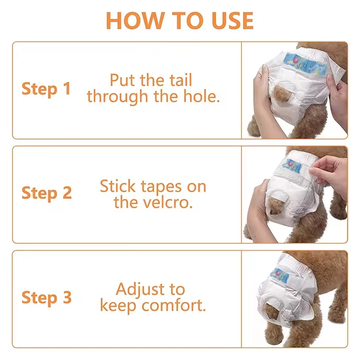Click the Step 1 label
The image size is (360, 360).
[46, 89]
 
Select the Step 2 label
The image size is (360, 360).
[46, 193]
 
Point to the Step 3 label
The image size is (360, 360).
[46, 297]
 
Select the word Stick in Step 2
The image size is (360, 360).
[118, 186]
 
